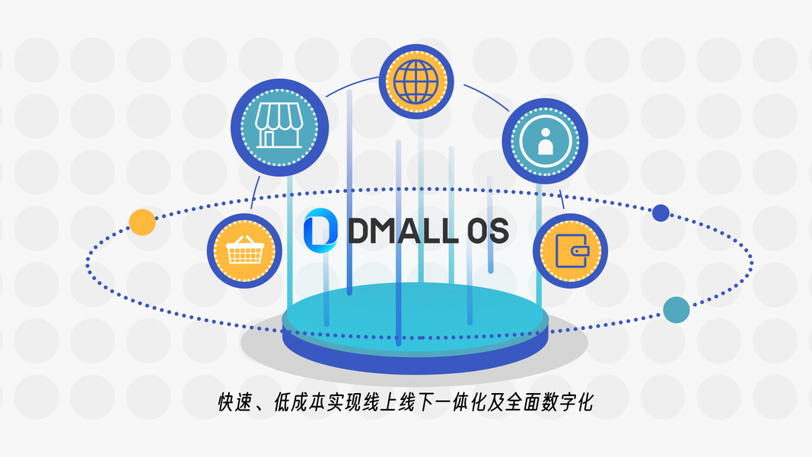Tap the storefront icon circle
pyautogui.click(x=279, y=127)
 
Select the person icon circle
pyautogui.click(x=545, y=142)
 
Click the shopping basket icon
pyautogui.click(x=244, y=250)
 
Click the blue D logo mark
pyautogui.click(x=320, y=231)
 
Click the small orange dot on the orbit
pyautogui.click(x=142, y=222)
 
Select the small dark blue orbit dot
pyautogui.click(x=661, y=213)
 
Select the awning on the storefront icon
pyautogui.click(x=279, y=117)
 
